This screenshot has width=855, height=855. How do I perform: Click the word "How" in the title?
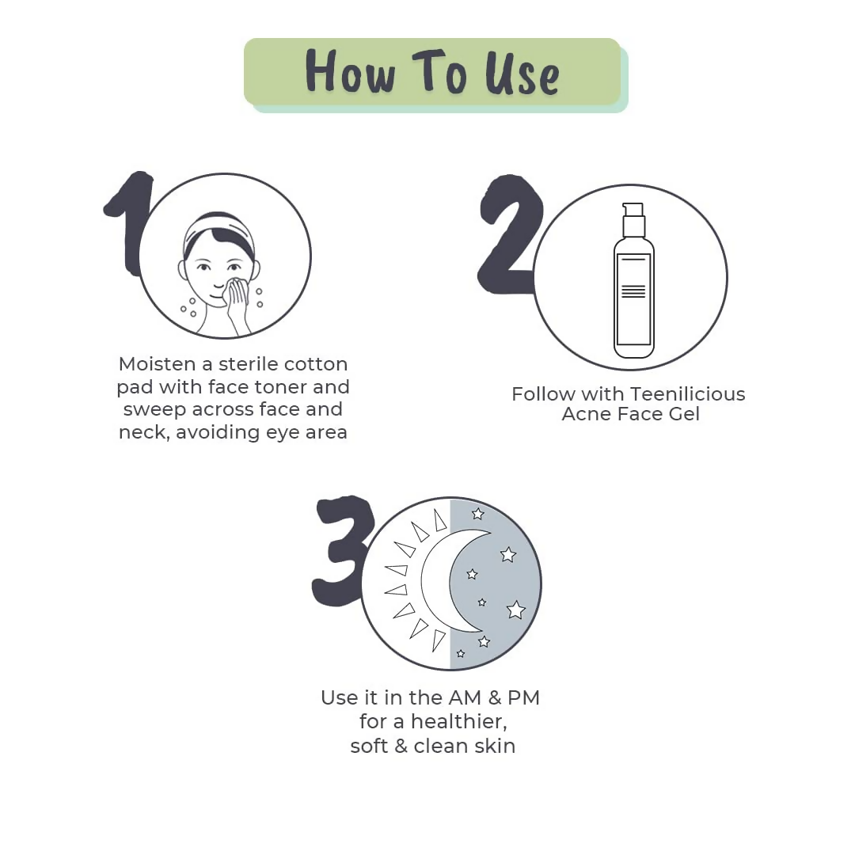(x=350, y=72)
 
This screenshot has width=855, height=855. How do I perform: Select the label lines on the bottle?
(x=633, y=291)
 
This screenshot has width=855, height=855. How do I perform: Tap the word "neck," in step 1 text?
(x=143, y=432)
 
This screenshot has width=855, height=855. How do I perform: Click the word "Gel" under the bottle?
(x=682, y=414)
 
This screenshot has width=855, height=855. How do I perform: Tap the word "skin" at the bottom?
(x=496, y=746)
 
